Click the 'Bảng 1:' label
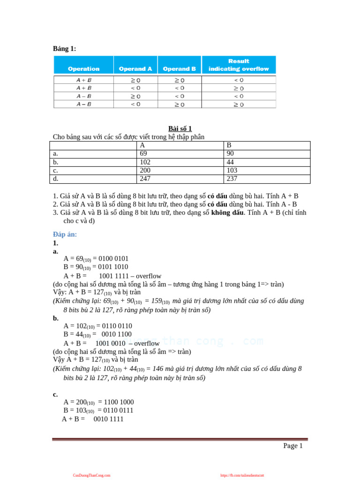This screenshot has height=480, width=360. click(x=64, y=49)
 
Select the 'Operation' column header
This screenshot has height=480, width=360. click(x=83, y=68)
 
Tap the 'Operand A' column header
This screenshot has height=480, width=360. click(x=135, y=68)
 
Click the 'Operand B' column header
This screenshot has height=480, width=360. click(x=179, y=68)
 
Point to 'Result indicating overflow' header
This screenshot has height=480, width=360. click(x=239, y=65)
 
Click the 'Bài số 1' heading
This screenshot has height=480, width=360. click(x=180, y=128)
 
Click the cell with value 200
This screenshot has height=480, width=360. click(x=146, y=171)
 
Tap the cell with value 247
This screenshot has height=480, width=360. click(x=146, y=179)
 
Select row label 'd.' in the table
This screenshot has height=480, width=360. click(x=56, y=179)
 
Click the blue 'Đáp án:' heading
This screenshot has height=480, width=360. click(x=65, y=234)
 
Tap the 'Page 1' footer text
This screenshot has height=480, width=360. click(x=292, y=446)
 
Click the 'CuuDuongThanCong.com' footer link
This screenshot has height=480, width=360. click(x=91, y=475)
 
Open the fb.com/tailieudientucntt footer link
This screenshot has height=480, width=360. click(x=242, y=475)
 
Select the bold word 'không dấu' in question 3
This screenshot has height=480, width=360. click(x=227, y=213)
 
